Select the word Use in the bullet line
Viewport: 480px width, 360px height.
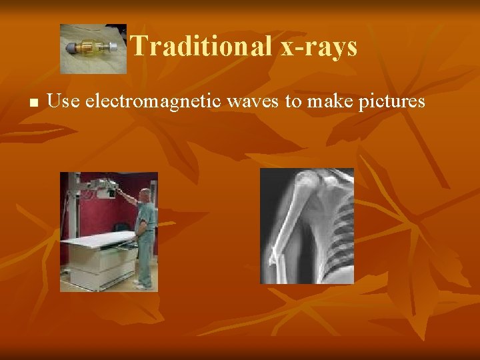click(63, 101)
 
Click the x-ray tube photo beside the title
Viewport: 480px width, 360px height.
click(93, 49)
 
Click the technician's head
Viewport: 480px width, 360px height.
click(147, 195)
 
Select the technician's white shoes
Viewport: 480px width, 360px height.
click(143, 285)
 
